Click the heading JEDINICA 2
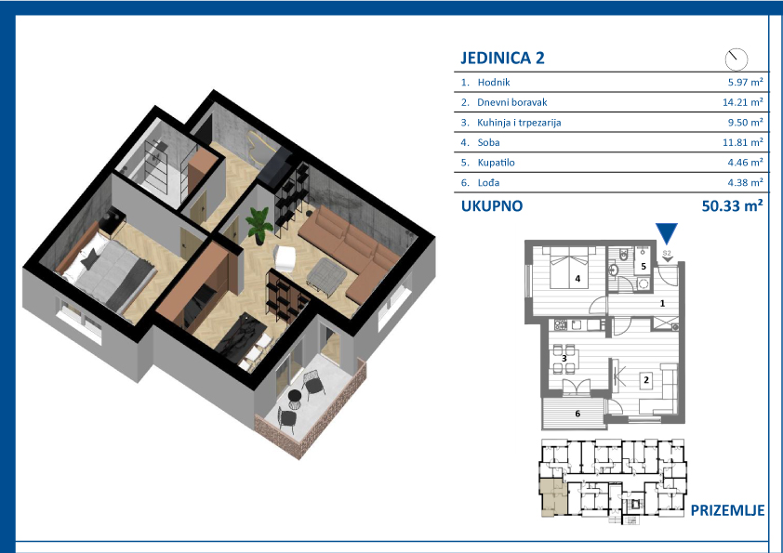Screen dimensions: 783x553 (502, 58)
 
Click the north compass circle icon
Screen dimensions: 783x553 (737, 59)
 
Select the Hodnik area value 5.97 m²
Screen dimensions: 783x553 (745, 83)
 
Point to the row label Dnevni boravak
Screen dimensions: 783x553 (511, 102)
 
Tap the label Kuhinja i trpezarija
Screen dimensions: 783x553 (519, 123)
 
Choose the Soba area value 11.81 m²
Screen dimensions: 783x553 (743, 142)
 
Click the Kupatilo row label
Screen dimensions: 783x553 (496, 163)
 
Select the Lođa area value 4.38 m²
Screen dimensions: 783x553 (745, 183)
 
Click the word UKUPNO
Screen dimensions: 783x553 (492, 206)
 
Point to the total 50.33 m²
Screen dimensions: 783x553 (732, 205)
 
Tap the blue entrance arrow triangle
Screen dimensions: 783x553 (667, 233)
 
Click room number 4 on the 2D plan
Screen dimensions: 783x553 (577, 279)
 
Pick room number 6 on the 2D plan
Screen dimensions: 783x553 (577, 414)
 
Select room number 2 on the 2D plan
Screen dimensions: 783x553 (646, 380)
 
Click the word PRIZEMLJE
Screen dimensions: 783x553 (727, 510)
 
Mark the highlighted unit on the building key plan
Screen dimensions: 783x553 (552, 498)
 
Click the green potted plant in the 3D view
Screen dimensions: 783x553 (259, 225)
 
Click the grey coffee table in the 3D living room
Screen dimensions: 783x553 (326, 272)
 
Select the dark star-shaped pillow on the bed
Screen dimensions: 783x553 (90, 259)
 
